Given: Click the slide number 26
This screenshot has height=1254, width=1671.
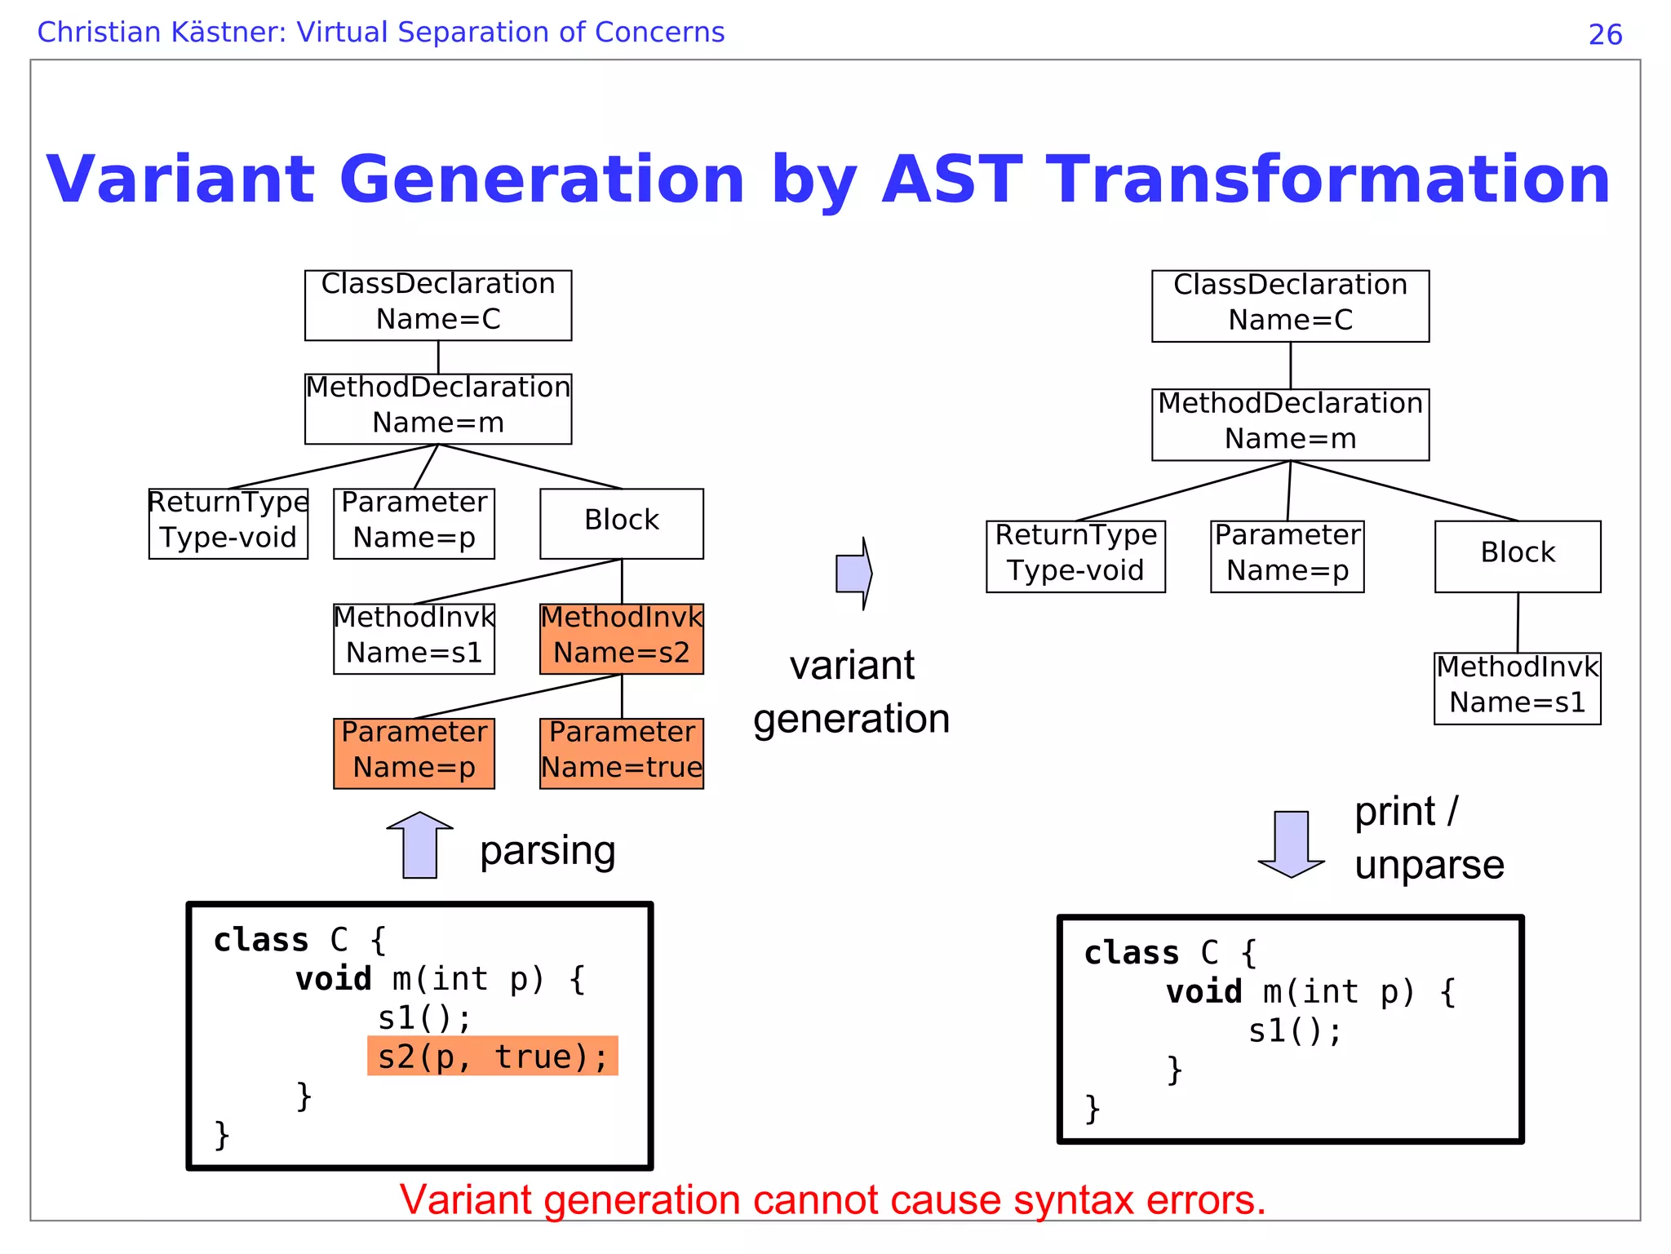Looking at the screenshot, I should click(1605, 34).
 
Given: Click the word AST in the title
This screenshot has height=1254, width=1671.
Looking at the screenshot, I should click(951, 179).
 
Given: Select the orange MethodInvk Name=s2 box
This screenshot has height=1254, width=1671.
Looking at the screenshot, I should click(621, 638).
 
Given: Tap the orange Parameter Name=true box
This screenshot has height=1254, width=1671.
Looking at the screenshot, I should click(621, 753).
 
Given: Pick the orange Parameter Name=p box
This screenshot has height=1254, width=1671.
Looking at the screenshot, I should click(414, 753).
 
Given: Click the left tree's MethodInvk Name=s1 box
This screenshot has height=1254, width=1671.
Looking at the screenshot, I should click(414, 638).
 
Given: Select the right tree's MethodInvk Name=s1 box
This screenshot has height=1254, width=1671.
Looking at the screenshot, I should click(1517, 688).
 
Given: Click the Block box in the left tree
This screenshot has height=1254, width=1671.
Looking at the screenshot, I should click(621, 523).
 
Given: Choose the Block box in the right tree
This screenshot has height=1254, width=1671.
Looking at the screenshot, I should click(1517, 556).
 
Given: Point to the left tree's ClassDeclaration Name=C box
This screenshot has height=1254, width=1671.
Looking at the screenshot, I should click(438, 305).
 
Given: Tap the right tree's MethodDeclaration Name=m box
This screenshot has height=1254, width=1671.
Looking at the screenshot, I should click(1290, 424).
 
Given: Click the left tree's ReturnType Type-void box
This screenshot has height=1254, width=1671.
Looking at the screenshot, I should click(228, 523).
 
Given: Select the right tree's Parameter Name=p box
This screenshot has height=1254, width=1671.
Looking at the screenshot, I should click(1287, 556).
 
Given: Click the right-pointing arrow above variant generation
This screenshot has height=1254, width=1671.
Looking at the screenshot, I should click(853, 574).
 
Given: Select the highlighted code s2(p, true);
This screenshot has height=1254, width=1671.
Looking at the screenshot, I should click(493, 1057).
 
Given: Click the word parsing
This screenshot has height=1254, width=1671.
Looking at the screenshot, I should click(547, 851).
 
